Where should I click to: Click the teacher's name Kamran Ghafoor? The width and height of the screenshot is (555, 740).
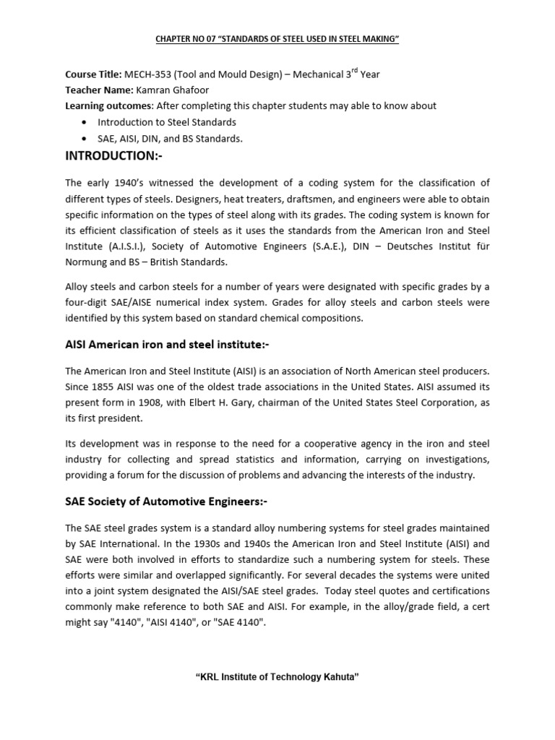171,90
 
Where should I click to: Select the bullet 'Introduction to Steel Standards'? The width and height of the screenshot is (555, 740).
167,122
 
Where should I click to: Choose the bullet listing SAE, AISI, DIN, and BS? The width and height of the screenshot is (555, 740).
170,138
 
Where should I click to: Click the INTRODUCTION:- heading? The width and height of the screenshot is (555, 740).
109,157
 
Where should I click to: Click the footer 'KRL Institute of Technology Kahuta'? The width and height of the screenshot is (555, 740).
277,676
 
